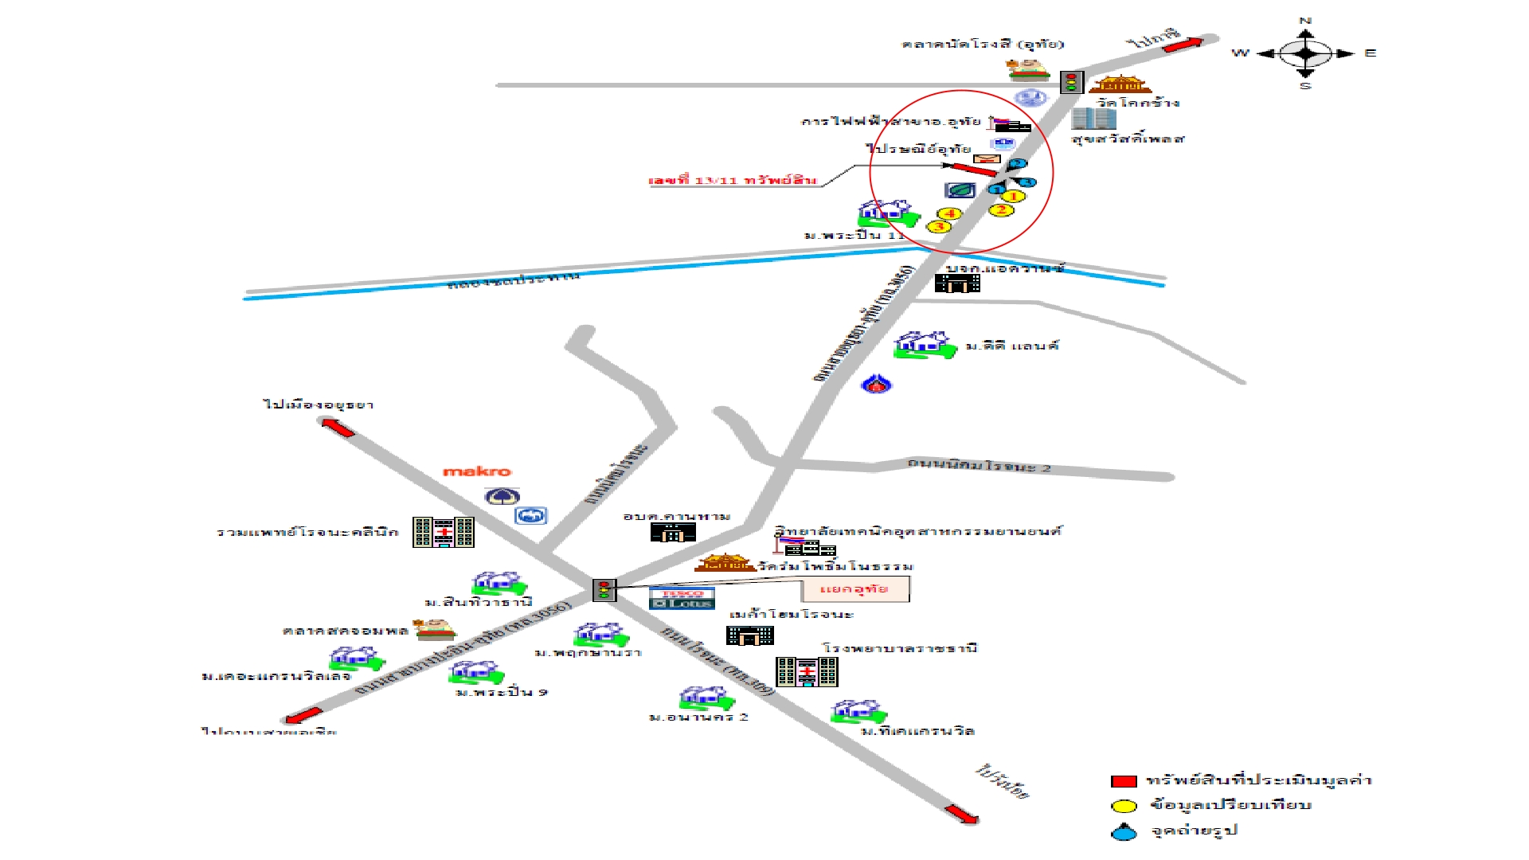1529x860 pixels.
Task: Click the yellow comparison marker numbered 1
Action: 1013,196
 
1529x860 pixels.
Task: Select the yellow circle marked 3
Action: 939,227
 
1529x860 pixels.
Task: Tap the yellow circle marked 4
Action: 949,213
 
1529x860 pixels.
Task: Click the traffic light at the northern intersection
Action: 1071,81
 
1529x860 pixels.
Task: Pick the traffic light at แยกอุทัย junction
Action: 604,590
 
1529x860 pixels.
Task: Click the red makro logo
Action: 477,471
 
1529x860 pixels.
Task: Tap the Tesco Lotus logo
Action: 682,598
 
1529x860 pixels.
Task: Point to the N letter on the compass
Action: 1305,21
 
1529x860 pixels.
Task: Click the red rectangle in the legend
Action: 1124,781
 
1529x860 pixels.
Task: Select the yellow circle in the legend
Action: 1124,806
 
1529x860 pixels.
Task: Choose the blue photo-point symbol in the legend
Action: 1124,832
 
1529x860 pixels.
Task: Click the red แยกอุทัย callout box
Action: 854,589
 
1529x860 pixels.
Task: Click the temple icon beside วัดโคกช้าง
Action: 1120,84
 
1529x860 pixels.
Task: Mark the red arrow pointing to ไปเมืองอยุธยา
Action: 338,428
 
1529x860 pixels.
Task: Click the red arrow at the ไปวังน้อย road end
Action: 961,814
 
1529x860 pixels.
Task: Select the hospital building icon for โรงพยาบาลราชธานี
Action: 807,672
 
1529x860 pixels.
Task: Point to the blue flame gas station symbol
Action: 876,385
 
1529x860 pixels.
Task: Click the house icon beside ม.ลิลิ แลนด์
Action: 924,345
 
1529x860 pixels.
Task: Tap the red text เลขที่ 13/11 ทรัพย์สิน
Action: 733,181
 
